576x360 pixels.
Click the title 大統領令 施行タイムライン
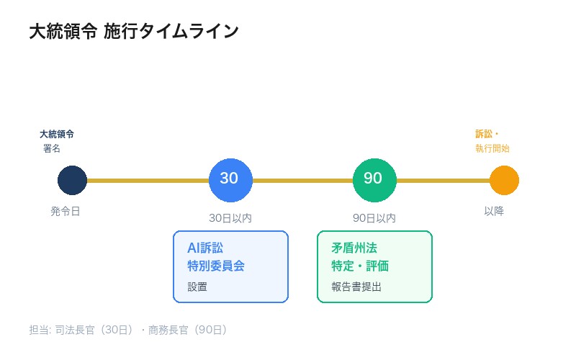coord(133,32)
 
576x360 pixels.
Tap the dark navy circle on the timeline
coord(72,180)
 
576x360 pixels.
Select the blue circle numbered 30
coord(230,180)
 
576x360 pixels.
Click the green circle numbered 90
coord(374,180)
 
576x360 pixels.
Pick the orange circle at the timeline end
coord(504,180)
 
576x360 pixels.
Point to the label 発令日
coord(66,211)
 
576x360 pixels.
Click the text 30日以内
coord(230,217)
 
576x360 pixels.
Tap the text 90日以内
coord(374,217)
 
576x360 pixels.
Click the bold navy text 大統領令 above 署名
coord(57,134)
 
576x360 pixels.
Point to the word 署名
coord(52,148)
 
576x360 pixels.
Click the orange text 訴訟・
coord(487,134)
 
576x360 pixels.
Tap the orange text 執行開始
coord(492,148)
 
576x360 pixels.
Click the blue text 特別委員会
coord(216,266)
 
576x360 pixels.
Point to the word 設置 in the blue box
coord(197,287)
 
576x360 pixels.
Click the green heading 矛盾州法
coord(354,248)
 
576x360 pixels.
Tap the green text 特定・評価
coord(360,266)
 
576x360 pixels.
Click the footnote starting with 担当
coord(128,330)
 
